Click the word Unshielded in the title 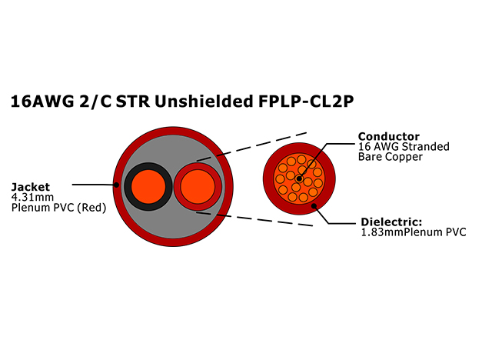pos(203,101)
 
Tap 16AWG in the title pos(42,102)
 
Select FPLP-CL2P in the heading pos(306,102)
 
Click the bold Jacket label pos(31,187)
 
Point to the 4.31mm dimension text pos(32,197)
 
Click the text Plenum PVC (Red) pos(58,208)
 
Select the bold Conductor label pos(388,136)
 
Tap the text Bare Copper pos(391,157)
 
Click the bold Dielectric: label pos(391,222)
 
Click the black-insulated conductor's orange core pos(148,186)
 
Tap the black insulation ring pos(128,187)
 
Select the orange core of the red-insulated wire pos(198,186)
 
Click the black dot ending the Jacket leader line pos(117,185)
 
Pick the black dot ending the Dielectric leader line pos(314,205)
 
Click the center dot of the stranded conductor pos(299,178)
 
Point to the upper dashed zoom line pos(252,146)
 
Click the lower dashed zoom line pos(254,218)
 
